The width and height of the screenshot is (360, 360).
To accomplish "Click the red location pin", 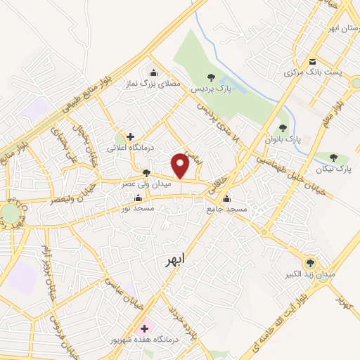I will (181, 165).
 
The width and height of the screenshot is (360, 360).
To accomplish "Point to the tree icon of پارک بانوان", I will (283, 128).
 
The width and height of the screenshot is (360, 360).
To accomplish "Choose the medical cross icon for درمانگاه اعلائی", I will (130, 136).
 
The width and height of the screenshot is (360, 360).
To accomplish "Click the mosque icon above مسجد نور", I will (138, 197).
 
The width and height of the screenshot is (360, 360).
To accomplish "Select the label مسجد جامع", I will (226, 209).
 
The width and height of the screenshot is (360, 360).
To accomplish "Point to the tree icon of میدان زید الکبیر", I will (311, 260).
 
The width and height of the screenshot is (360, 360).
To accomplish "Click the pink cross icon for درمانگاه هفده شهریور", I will (145, 328).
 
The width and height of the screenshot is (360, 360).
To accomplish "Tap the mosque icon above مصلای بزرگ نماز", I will (154, 72).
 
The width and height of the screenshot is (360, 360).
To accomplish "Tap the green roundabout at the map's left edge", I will (10, 212).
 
